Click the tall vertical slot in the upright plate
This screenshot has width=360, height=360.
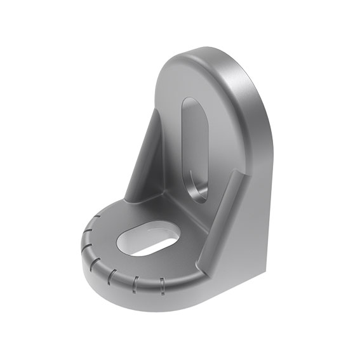click(194, 149)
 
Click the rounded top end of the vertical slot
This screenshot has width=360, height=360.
click(192, 103)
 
